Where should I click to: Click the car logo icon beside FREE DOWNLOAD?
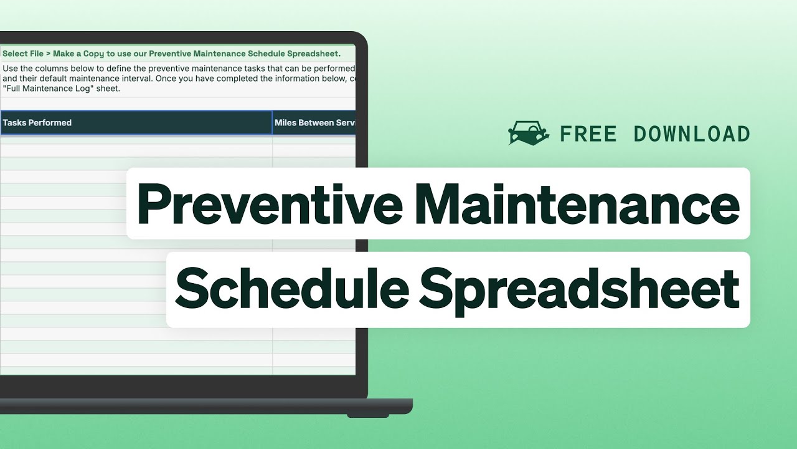529,133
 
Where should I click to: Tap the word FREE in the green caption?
588,133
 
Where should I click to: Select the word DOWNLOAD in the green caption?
692,133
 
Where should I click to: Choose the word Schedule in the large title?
291,288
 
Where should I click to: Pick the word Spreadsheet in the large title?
580,288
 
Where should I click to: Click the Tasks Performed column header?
37,123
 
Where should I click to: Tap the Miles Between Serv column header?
314,123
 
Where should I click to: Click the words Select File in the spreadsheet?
23,54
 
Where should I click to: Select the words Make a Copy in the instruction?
78,54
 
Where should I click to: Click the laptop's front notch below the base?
367,415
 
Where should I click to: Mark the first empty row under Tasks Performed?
136,140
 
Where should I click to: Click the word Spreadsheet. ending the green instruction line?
314,54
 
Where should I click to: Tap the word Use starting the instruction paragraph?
11,69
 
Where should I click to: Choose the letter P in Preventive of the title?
153,203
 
